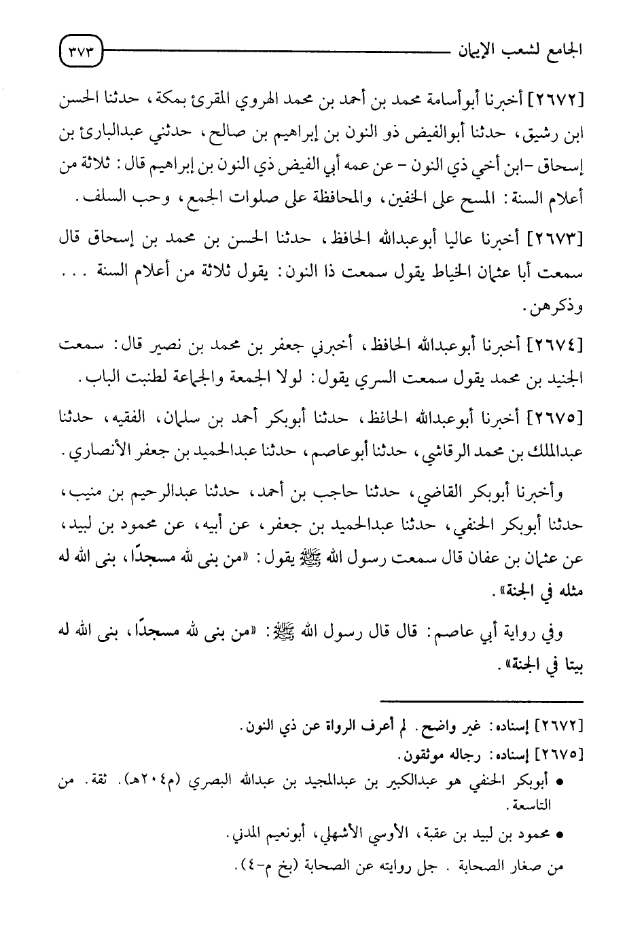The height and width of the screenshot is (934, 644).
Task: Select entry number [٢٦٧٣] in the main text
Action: (x=556, y=238)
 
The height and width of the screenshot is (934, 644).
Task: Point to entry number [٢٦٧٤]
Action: (x=556, y=345)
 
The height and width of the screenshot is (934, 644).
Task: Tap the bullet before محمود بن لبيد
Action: (x=560, y=836)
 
